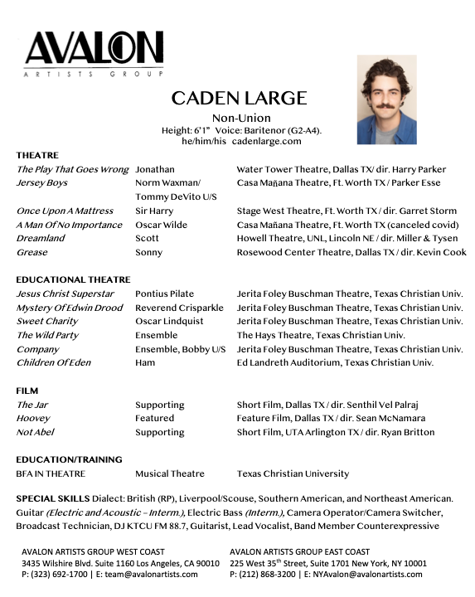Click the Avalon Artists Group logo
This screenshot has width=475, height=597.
pyautogui.click(x=94, y=54)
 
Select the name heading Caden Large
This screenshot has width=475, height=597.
pyautogui.click(x=239, y=99)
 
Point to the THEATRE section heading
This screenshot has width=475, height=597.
pyautogui.click(x=37, y=155)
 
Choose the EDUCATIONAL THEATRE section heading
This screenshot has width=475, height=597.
pyautogui.click(x=73, y=279)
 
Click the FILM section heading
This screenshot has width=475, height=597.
pyautogui.click(x=27, y=390)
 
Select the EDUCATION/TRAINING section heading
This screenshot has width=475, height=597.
pyautogui.click(x=69, y=459)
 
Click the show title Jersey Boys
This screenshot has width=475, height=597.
pyautogui.click(x=42, y=182)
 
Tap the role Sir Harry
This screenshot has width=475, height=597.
pyautogui.click(x=154, y=211)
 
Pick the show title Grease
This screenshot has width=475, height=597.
pyautogui.click(x=32, y=252)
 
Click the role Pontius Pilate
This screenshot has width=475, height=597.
pyautogui.click(x=164, y=294)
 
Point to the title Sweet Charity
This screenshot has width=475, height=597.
pyautogui.click(x=47, y=321)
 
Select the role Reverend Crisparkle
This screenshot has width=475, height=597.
pyautogui.click(x=179, y=308)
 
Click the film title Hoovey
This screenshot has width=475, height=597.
pyautogui.click(x=33, y=418)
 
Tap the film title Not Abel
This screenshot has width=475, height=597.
pyautogui.click(x=36, y=432)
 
